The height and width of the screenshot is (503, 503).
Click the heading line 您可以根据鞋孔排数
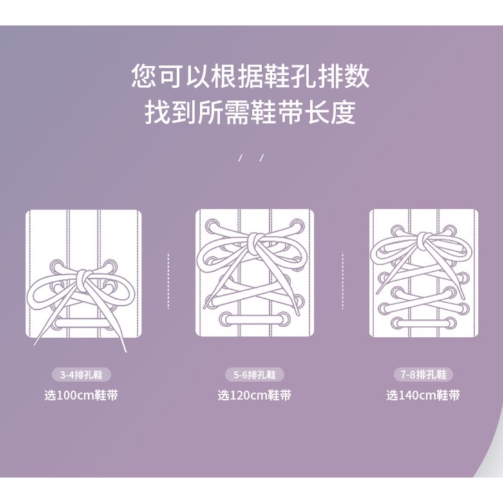point(251,77)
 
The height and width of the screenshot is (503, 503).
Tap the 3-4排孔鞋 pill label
point(81,375)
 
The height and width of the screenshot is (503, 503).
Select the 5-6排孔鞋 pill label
point(254,375)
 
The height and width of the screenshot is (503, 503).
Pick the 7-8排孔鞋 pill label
point(423,374)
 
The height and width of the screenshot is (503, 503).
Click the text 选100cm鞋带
point(81,395)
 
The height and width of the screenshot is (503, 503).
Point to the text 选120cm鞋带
point(254,395)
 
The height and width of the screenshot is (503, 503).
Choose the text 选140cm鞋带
point(423,395)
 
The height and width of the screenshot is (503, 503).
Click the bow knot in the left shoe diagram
point(84,278)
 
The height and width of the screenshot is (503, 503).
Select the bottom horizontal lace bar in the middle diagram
point(254,319)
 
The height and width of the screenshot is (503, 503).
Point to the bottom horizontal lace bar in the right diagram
point(423,323)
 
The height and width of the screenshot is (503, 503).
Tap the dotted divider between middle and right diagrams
point(343,281)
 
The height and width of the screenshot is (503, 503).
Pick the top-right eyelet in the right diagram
point(450,231)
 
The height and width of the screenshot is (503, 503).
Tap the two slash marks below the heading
point(251,158)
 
